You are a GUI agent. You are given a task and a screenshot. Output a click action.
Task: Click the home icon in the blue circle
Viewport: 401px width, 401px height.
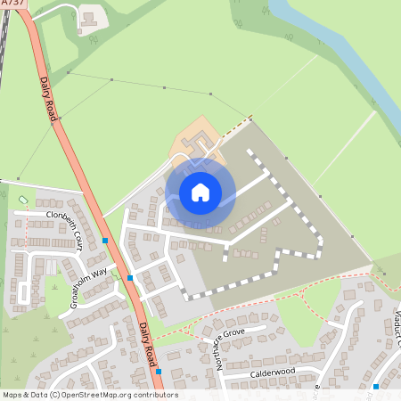click(x=200, y=192)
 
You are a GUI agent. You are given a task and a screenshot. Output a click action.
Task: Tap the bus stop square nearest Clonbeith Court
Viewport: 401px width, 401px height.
click(x=106, y=241)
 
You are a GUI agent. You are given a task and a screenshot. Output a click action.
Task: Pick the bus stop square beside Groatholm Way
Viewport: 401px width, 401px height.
click(x=131, y=278)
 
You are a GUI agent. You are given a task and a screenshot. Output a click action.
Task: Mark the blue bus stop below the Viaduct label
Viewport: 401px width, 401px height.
click(x=376, y=387)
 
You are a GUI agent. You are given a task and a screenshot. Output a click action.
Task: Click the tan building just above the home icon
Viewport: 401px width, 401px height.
click(x=198, y=143)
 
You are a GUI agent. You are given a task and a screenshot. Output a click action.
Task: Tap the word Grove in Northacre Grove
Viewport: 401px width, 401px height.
click(x=234, y=332)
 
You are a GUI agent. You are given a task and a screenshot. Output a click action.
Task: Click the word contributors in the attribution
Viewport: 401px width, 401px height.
click(x=155, y=395)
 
